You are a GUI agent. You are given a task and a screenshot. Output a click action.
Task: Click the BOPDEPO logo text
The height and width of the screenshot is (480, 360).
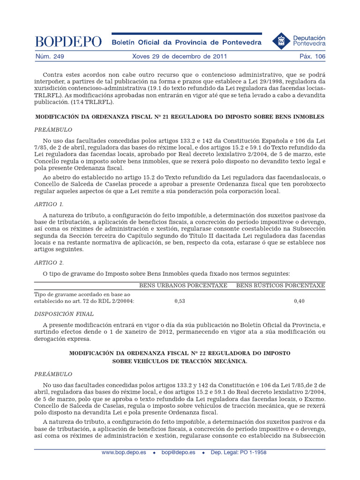tap(68, 42)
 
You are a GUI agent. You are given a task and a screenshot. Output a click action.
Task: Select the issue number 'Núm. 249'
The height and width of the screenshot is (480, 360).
tap(49, 57)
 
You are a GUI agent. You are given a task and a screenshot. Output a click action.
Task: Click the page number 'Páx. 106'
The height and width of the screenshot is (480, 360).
tap(312, 57)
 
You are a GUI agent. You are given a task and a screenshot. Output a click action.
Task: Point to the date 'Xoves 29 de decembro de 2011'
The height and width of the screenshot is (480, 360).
tap(180, 57)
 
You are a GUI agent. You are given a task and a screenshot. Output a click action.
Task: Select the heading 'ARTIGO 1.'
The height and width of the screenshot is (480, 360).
tap(49, 204)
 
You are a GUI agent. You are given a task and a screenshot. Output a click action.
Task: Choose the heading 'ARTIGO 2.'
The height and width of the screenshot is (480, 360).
tap(49, 262)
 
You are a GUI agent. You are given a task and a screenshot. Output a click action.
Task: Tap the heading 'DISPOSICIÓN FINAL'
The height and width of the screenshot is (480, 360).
tap(64, 314)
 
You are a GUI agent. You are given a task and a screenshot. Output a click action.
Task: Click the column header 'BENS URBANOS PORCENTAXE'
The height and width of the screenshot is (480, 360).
tap(183, 285)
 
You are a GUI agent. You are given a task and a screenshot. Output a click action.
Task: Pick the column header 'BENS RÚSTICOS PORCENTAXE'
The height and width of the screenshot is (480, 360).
tap(280, 285)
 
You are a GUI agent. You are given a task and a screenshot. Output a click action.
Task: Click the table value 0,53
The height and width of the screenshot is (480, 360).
tap(180, 301)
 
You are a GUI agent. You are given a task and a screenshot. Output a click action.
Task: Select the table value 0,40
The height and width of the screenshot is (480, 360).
tap(299, 301)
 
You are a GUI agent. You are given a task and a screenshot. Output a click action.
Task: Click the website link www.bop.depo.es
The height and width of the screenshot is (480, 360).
tap(124, 453)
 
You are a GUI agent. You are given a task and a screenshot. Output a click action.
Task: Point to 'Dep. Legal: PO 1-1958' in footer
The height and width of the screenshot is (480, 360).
tap(239, 453)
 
